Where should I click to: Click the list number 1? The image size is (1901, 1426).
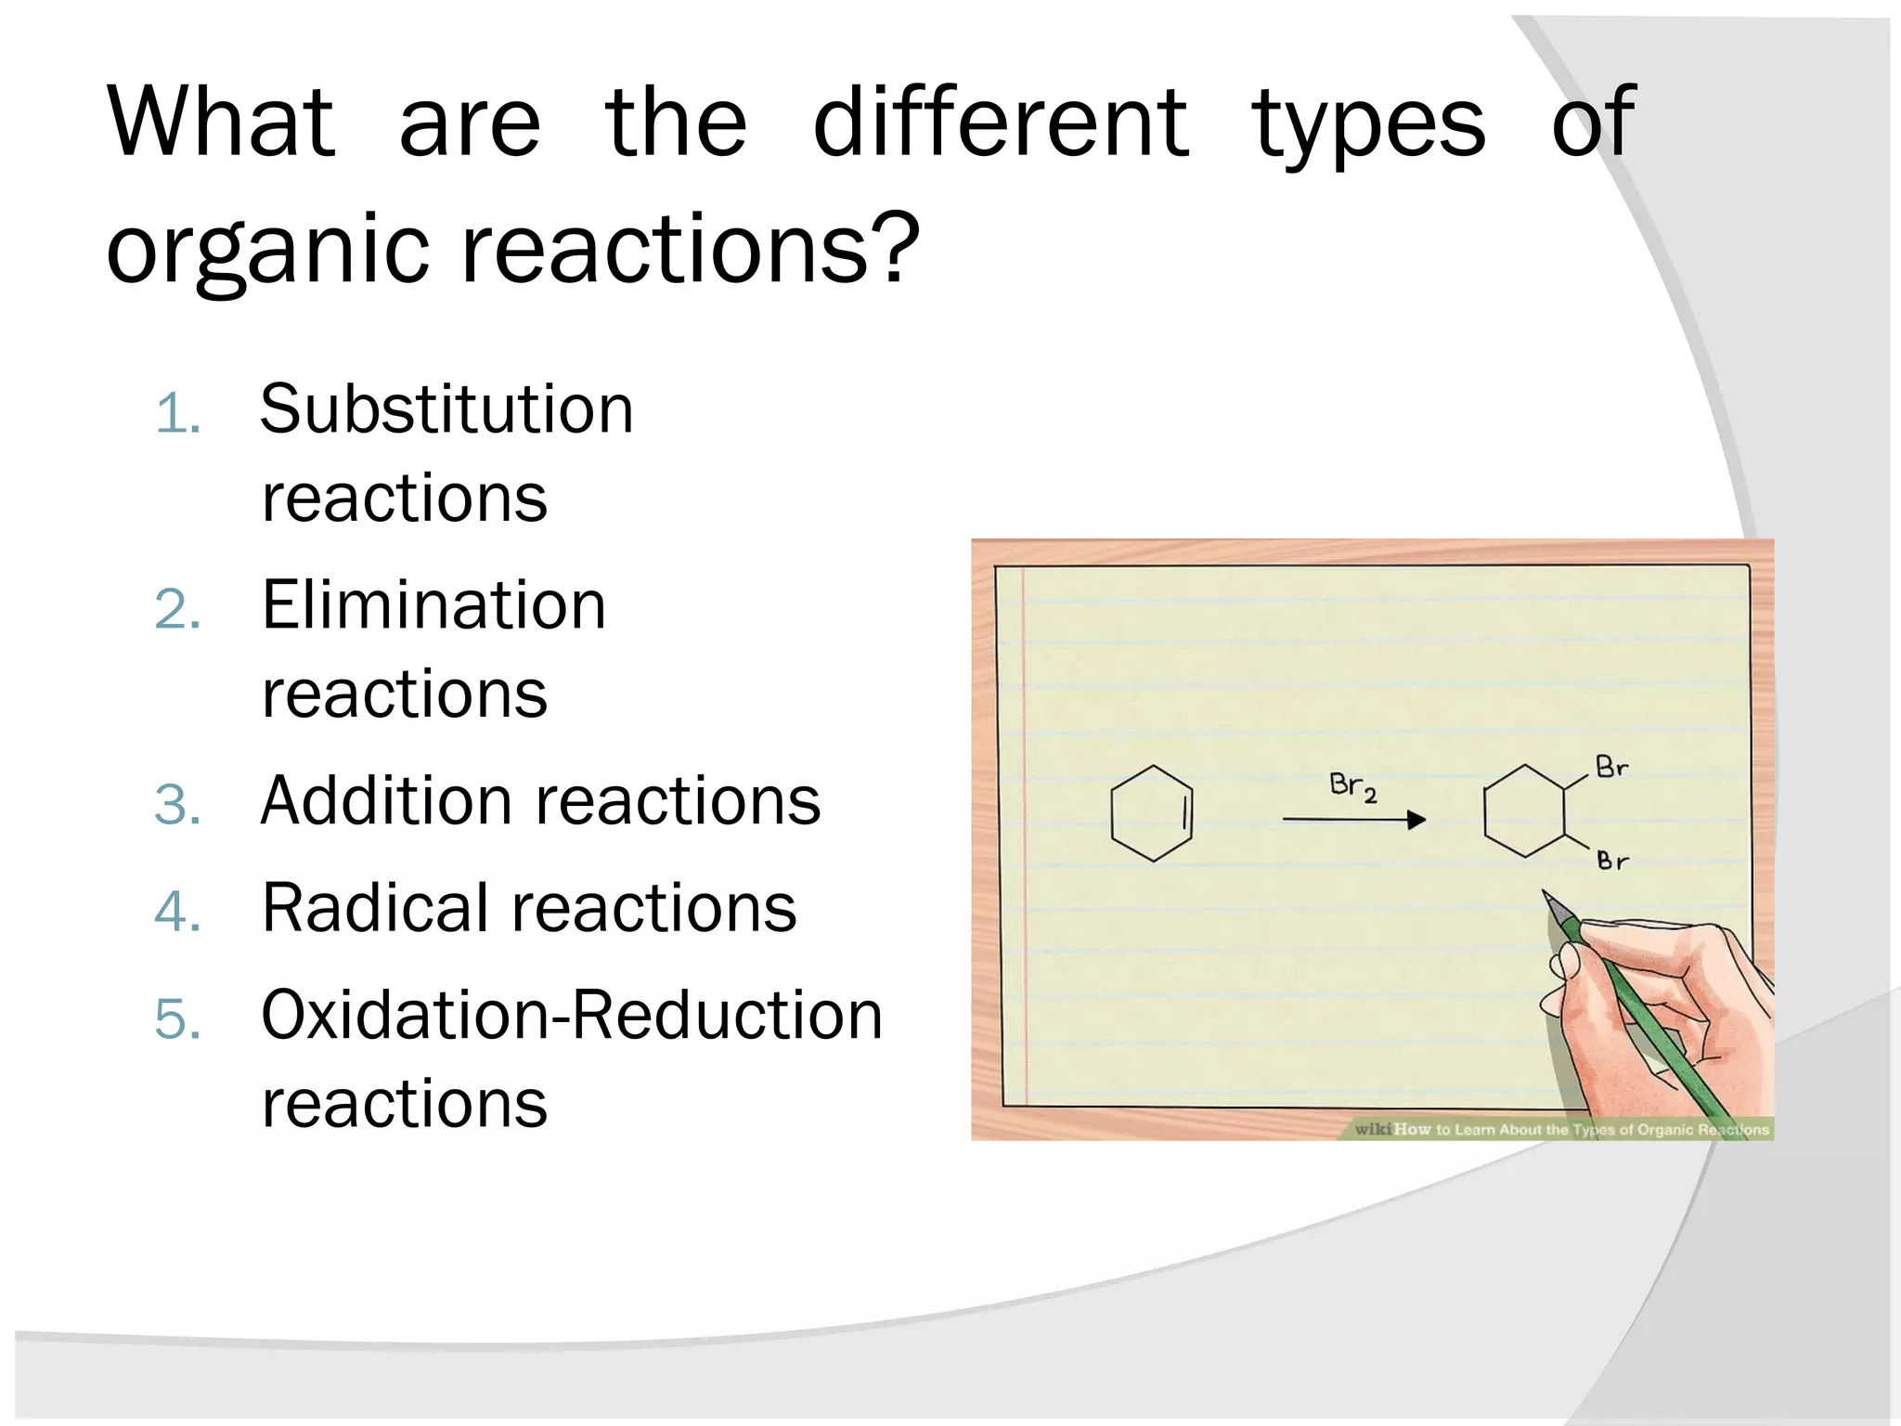(177, 413)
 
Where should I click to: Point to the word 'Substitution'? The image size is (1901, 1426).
(446, 409)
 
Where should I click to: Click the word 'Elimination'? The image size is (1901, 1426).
(433, 605)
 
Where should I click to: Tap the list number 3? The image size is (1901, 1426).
(177, 804)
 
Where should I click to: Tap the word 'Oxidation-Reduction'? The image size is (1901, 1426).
(572, 1015)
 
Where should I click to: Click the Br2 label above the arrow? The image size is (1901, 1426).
(1352, 786)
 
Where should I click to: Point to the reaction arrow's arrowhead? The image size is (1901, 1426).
(1416, 820)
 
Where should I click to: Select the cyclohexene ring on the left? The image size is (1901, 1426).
(1151, 814)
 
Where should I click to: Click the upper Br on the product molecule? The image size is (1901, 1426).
(1611, 767)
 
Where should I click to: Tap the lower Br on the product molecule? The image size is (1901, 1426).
(1612, 861)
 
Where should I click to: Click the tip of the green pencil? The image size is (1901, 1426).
(1546, 897)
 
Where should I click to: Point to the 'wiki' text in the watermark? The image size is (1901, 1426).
(1373, 1129)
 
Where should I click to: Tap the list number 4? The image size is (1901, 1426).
(177, 912)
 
